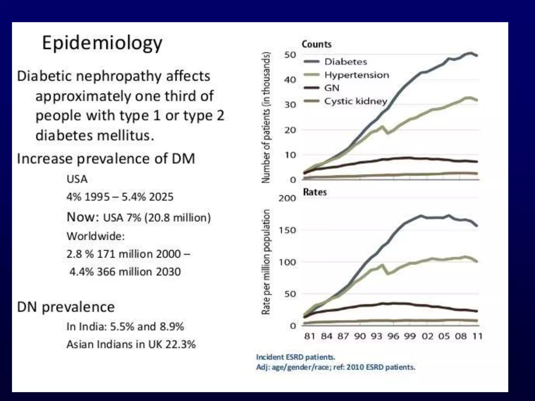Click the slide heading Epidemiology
tap(102, 43)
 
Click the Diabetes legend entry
tap(345, 62)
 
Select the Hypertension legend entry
tap(356, 75)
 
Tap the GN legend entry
tap(332, 88)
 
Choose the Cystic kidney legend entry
tap(355, 101)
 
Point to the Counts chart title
tap(317, 44)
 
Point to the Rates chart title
tap(315, 192)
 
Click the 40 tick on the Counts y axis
tap(290, 80)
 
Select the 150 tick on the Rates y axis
tap(287, 230)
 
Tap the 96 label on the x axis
tap(393, 336)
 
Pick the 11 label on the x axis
tap(478, 336)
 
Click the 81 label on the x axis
tap(309, 336)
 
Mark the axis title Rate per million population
tap(266, 262)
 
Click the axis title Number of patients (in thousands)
tap(266, 117)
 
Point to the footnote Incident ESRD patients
tap(295, 357)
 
